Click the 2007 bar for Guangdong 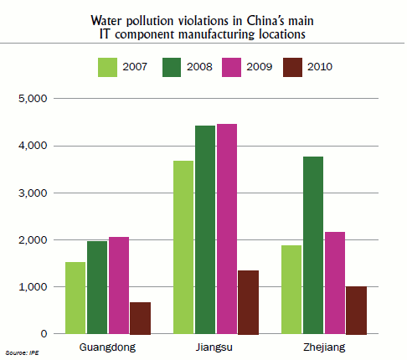click(75, 298)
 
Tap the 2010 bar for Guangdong click(140, 318)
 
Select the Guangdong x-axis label click(107, 347)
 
